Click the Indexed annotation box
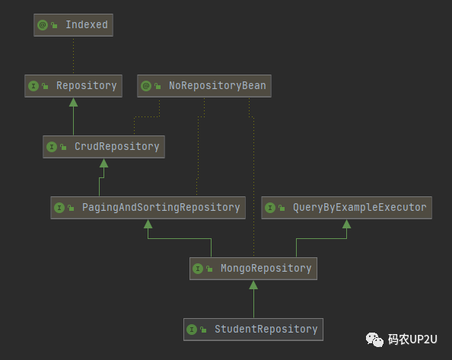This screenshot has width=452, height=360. coord(73,25)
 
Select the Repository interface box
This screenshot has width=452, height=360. coord(74,86)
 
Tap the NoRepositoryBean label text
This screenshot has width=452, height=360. coord(218,85)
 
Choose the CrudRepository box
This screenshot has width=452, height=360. coord(103,147)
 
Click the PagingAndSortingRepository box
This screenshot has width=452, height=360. coord(148,208)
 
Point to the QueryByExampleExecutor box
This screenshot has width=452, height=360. coord(346,208)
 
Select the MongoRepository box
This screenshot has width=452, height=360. coord(253,269)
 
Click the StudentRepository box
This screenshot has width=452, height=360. coord(253,330)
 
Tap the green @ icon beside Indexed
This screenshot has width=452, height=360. coord(43,25)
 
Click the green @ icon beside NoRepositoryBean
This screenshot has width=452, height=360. coord(146,86)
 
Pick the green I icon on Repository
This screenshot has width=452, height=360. coord(33,86)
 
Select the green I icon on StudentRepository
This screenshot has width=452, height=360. coord(192,330)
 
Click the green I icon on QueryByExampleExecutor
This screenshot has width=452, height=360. coord(270,208)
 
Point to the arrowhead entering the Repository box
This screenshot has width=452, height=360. coord(74,102)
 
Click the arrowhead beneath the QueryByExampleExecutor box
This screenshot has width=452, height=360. coord(346,224)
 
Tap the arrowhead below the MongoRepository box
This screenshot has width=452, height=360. coord(253,285)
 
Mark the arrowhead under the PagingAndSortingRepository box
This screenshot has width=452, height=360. coord(148,224)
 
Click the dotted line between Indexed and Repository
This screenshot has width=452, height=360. coord(74,56)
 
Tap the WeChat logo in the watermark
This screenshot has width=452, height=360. coord(374,339)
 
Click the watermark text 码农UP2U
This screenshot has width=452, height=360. coord(412,339)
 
